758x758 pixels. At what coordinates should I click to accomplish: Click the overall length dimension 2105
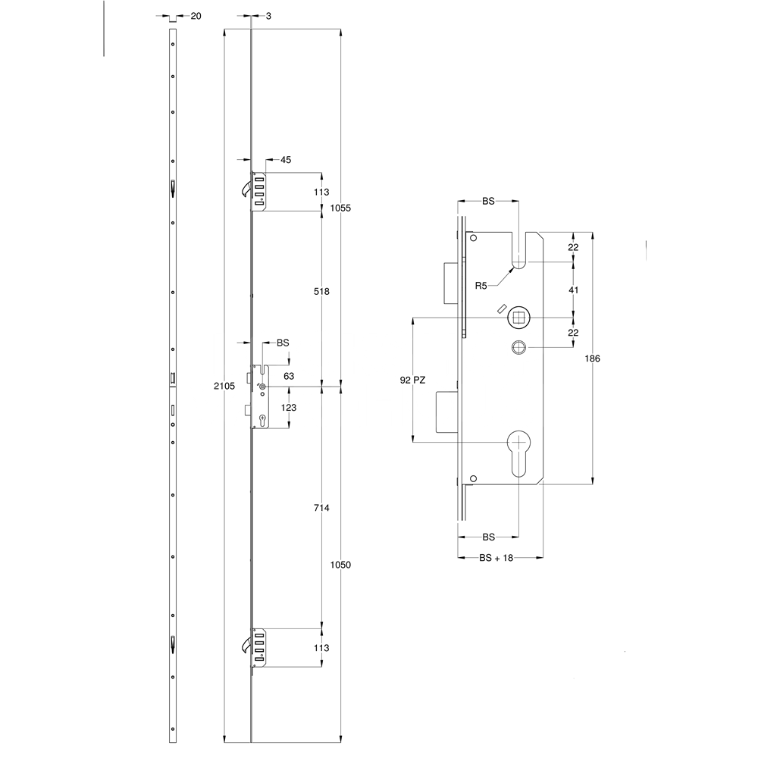[x=224, y=386]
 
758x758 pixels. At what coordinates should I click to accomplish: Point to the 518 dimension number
[x=321, y=291]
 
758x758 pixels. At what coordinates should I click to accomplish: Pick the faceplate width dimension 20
[x=196, y=16]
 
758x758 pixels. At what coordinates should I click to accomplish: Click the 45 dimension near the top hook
[x=286, y=160]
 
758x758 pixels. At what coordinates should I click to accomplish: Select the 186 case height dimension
[x=594, y=359]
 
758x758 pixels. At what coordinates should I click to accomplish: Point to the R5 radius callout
[x=481, y=285]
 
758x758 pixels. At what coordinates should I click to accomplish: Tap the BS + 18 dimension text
[x=496, y=557]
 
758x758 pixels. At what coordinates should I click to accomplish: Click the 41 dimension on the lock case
[x=574, y=290]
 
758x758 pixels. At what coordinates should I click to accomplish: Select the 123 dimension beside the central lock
[x=289, y=408]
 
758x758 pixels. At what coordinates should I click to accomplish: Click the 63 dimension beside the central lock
[x=289, y=375]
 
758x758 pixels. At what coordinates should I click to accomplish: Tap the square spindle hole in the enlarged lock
[x=518, y=317]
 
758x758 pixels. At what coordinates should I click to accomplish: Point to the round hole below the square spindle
[x=518, y=347]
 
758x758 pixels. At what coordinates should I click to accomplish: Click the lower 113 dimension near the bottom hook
[x=321, y=647]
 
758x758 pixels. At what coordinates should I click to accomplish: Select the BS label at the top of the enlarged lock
[x=488, y=202]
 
